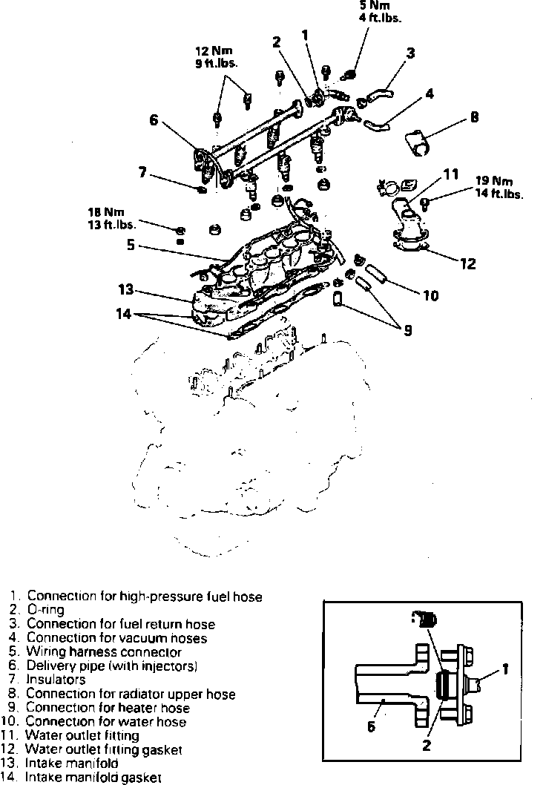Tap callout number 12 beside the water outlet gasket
(467, 263)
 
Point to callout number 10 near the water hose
(430, 295)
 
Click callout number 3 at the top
(410, 53)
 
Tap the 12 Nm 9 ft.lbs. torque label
(211, 57)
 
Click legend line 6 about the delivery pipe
(111, 666)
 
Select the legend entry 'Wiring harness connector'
(104, 651)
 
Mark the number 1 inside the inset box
(504, 669)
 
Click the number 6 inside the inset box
(372, 726)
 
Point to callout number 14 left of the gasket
(123, 314)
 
